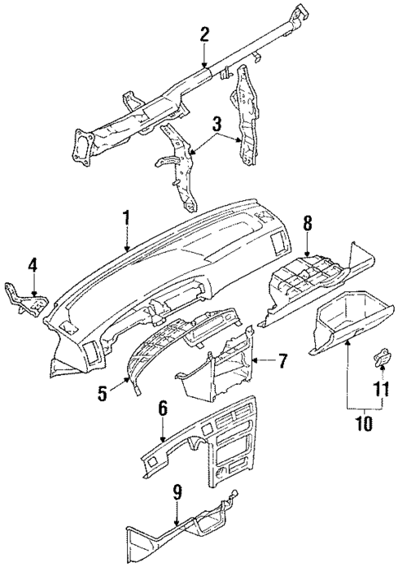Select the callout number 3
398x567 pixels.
pyautogui.click(x=216, y=125)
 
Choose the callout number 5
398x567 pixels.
pyautogui.click(x=102, y=393)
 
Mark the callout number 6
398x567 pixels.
pyautogui.click(x=162, y=407)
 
